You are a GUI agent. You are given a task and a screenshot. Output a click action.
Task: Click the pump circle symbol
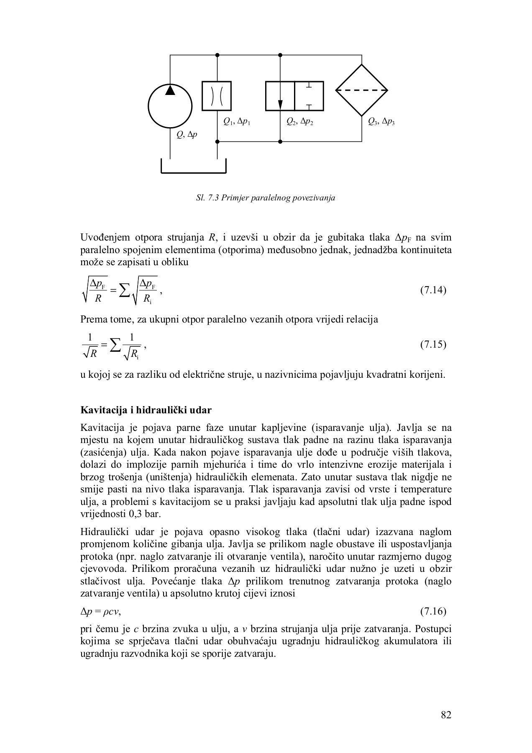coord(170,106)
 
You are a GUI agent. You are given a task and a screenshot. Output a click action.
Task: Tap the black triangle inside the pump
coord(170,90)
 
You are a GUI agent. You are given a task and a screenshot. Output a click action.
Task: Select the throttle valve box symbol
coord(217,96)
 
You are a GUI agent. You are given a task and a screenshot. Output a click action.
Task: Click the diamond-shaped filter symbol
coord(362,90)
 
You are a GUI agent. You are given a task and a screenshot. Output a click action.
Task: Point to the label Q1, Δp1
coord(237,122)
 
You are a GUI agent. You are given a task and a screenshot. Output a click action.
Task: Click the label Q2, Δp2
coord(300,122)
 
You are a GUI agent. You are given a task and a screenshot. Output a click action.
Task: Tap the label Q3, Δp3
coord(381,122)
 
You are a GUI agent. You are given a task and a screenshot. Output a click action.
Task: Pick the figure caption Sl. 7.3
coord(266,197)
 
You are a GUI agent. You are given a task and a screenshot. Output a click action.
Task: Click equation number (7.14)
coord(433,290)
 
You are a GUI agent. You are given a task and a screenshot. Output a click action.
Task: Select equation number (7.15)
coord(433,345)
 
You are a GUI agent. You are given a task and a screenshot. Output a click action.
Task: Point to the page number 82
coord(446,715)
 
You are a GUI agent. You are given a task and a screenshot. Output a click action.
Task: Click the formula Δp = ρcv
coord(100,612)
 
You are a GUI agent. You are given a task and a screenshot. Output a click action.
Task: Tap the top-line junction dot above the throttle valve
coord(217,55)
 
